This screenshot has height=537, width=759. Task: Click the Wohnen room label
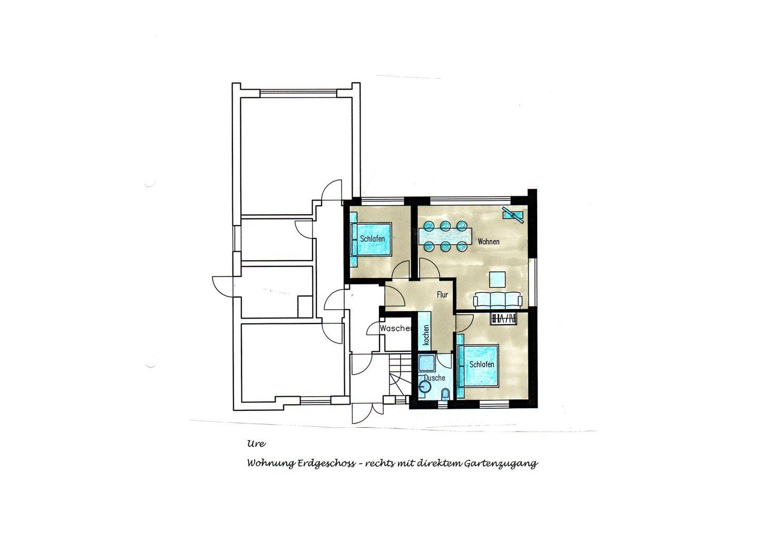click(488, 242)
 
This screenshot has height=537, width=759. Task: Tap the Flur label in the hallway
click(442, 294)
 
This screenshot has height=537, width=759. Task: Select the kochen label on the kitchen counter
click(426, 335)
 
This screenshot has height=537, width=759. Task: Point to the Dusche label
click(434, 378)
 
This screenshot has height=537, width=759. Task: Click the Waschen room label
click(395, 329)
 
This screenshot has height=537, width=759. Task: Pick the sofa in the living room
click(498, 300)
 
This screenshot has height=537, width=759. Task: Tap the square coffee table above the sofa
click(498, 279)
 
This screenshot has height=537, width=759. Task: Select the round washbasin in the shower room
click(425, 385)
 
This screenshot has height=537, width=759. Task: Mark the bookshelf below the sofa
click(504, 318)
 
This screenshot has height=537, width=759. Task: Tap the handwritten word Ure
click(257, 444)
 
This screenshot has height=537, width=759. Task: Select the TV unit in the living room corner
click(513, 215)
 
